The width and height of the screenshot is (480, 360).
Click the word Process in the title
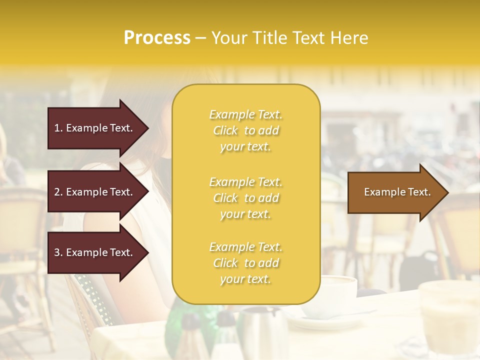(157, 38)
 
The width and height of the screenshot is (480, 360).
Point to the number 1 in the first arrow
(57, 128)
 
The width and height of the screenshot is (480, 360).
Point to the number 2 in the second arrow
(57, 192)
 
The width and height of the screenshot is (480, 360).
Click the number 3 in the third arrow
(57, 252)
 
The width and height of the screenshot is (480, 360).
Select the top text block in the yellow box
(245, 130)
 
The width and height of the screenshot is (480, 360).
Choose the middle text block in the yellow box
(245, 198)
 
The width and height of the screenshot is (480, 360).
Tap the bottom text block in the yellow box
(245, 263)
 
